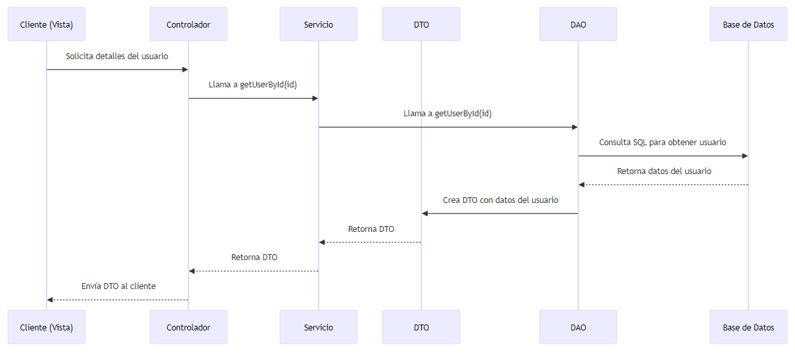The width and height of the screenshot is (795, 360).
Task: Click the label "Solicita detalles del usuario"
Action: coord(117,56)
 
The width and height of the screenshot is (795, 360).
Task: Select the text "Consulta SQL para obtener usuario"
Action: coord(662,143)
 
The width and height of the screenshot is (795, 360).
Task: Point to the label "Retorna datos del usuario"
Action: coord(664,171)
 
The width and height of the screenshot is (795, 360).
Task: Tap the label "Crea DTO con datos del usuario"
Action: coord(500,200)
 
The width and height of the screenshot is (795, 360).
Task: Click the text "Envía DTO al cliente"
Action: coord(118,286)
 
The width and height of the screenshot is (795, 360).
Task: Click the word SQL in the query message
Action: coord(639,143)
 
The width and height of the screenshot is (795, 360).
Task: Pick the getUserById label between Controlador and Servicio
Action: coord(253,85)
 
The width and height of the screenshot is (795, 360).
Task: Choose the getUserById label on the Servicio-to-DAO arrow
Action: coord(447,114)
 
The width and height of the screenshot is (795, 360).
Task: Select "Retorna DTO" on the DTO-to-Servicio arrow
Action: coord(371,229)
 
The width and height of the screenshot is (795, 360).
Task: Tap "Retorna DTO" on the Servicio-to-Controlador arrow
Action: coord(254,258)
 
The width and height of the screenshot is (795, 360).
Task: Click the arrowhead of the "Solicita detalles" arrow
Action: coord(185,70)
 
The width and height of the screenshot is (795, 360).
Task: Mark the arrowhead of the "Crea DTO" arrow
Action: coord(425,214)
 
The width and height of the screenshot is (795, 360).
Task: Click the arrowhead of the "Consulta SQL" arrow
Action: coord(744,156)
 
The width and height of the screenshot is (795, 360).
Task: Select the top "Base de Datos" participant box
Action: coord(748,24)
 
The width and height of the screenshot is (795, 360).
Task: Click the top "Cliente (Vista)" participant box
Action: coord(47,24)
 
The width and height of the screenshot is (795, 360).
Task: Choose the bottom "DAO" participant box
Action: coord(578,327)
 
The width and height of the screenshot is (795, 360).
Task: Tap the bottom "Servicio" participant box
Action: coord(318,327)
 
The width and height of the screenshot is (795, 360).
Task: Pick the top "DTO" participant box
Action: coord(421,24)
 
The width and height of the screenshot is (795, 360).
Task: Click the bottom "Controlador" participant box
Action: coord(189,327)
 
